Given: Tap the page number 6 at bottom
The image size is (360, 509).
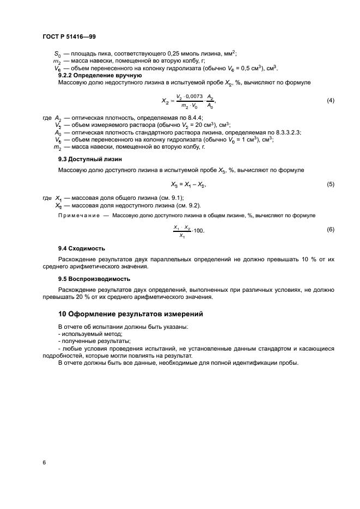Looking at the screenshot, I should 44,462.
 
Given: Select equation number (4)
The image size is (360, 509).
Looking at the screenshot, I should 330,101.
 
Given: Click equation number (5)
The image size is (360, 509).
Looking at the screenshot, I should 330,184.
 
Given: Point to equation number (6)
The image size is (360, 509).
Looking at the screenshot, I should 330,230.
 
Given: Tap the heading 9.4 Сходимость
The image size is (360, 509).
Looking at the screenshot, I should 82,248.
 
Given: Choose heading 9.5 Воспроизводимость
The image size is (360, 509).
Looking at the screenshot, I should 94,278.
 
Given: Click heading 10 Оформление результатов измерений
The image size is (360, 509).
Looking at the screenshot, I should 123,314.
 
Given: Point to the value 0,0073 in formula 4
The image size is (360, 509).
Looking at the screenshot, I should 193,96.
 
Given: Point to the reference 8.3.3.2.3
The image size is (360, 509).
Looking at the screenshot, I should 283,132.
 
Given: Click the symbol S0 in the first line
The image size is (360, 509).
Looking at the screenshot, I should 58,54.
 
